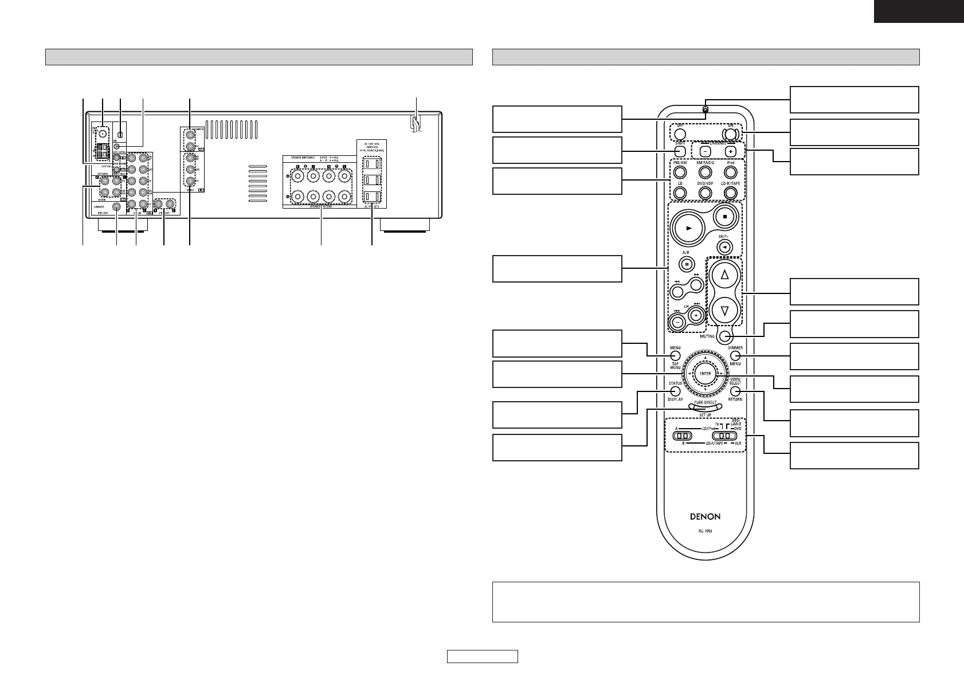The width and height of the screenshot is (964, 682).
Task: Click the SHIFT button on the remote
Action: click(679, 152)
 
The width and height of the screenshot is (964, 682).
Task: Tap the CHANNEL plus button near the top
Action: click(730, 152)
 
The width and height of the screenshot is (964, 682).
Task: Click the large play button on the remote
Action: click(689, 228)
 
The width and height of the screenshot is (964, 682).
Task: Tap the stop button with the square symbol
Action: click(725, 218)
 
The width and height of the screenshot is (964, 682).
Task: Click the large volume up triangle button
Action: click(725, 276)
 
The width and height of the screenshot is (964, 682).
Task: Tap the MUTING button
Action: click(726, 336)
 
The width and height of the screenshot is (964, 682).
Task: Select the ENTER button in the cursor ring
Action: click(705, 374)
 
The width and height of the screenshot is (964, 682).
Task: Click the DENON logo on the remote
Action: click(705, 516)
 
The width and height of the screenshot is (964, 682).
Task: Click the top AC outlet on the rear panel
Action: click(371, 163)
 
